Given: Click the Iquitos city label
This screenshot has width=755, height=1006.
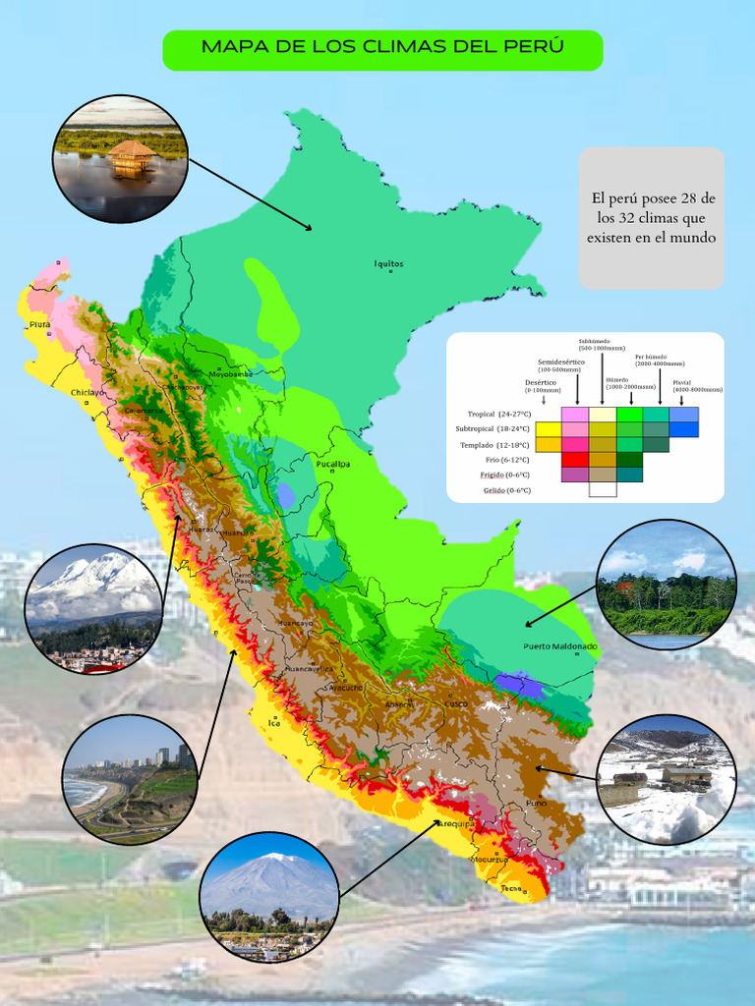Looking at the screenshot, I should (388, 263).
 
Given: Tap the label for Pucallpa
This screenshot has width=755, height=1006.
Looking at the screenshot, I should (333, 464).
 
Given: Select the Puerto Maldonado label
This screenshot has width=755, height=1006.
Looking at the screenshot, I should (560, 646).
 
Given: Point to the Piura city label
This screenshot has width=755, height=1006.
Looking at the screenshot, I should (39, 323).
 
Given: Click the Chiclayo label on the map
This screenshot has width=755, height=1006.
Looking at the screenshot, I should (87, 392).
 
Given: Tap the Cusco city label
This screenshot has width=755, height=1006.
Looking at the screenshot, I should (456, 703).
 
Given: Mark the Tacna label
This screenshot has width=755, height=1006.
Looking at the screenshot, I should (510, 888).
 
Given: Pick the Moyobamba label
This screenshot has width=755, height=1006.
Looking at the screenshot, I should (230, 374).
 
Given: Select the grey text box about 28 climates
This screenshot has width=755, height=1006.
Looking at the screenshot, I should (651, 218).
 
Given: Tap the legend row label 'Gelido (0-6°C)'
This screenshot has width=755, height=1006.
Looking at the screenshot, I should (506, 489).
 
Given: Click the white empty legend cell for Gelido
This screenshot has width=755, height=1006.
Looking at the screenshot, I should (603, 489).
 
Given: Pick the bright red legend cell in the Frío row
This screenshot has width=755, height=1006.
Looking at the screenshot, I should (575, 459).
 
